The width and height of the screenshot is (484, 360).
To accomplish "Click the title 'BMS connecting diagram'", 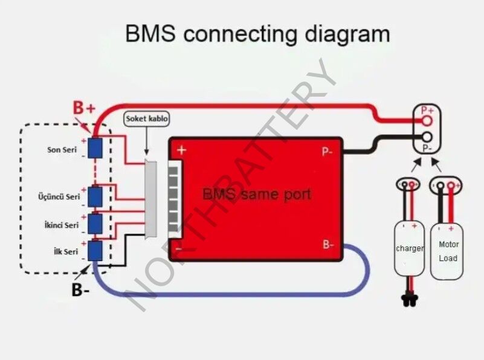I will pyautogui.click(x=257, y=33).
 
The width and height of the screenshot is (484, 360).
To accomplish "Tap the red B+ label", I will pyautogui.click(x=85, y=109).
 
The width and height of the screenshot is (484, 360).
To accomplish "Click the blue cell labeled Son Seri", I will pyautogui.click(x=95, y=148).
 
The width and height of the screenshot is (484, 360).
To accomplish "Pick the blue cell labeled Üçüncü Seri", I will pyautogui.click(x=95, y=196).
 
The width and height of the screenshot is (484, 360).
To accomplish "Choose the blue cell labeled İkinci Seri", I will pyautogui.click(x=95, y=223).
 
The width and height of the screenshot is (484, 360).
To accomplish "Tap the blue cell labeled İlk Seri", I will pyautogui.click(x=95, y=251).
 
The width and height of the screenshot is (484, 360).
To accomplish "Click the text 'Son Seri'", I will pyautogui.click(x=62, y=149).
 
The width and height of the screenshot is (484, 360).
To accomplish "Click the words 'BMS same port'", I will pyautogui.click(x=257, y=194).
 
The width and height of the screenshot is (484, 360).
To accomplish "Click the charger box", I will pyautogui.click(x=409, y=249).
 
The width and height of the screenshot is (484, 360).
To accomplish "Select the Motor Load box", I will pyautogui.click(x=448, y=251).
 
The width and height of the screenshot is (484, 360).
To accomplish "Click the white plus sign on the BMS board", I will pyautogui.click(x=181, y=150).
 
